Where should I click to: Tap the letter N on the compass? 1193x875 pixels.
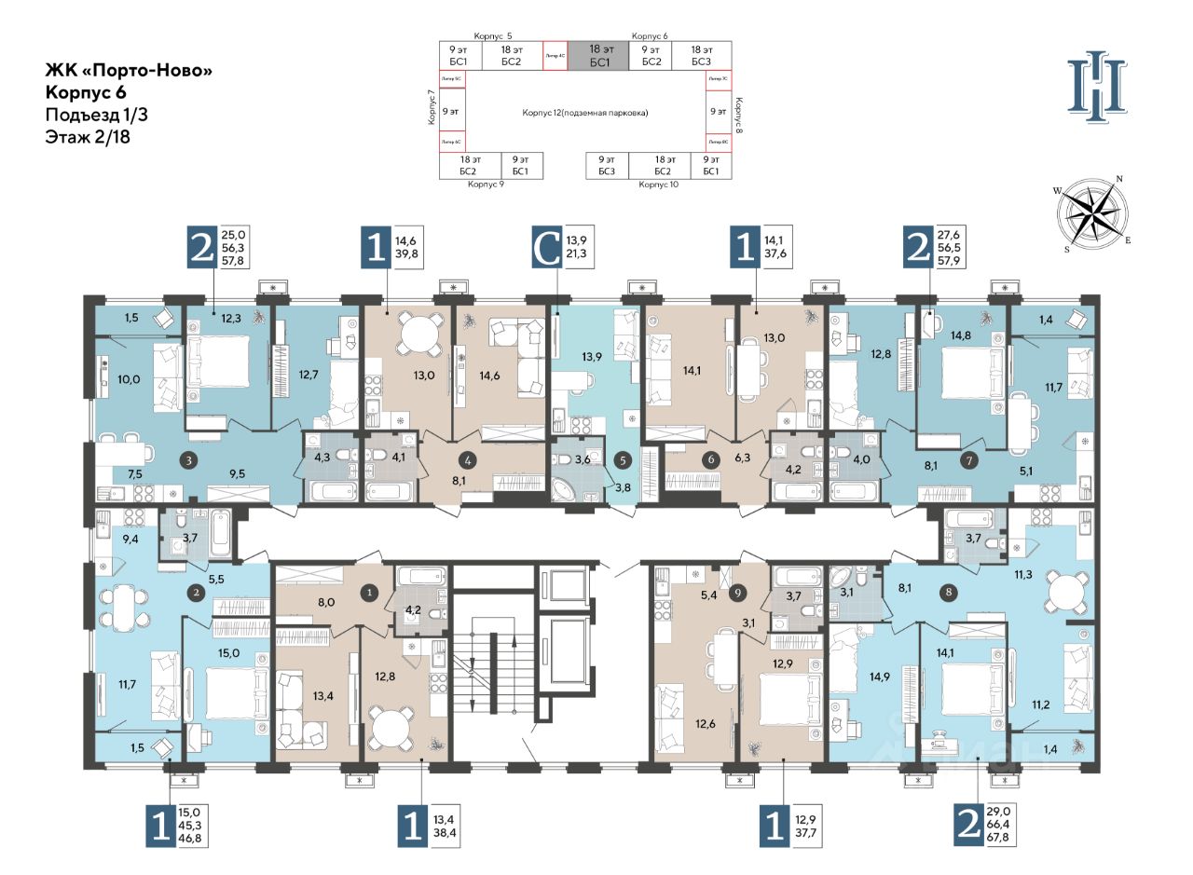tap(1119, 179)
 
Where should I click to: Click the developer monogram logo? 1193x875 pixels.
tap(1098, 84)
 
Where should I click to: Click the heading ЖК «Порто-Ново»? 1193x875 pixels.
tap(122, 70)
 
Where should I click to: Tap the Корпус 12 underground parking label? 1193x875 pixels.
tap(584, 112)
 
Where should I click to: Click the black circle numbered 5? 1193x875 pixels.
tap(623, 458)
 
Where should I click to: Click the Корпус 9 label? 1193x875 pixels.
tap(486, 185)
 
